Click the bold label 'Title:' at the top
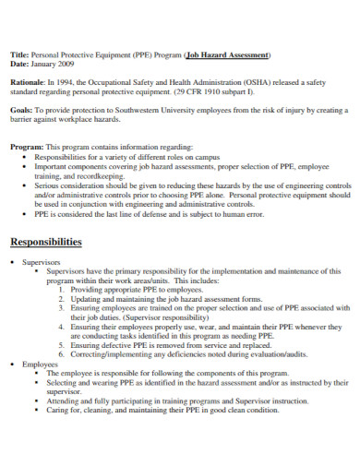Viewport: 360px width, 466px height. pos(19,54)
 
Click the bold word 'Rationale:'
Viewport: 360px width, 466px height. pos(29,81)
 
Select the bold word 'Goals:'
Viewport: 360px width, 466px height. pos(21,109)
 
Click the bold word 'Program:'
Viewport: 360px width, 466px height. pos(26,147)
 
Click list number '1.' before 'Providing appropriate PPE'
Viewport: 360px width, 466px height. pos(62,290)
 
